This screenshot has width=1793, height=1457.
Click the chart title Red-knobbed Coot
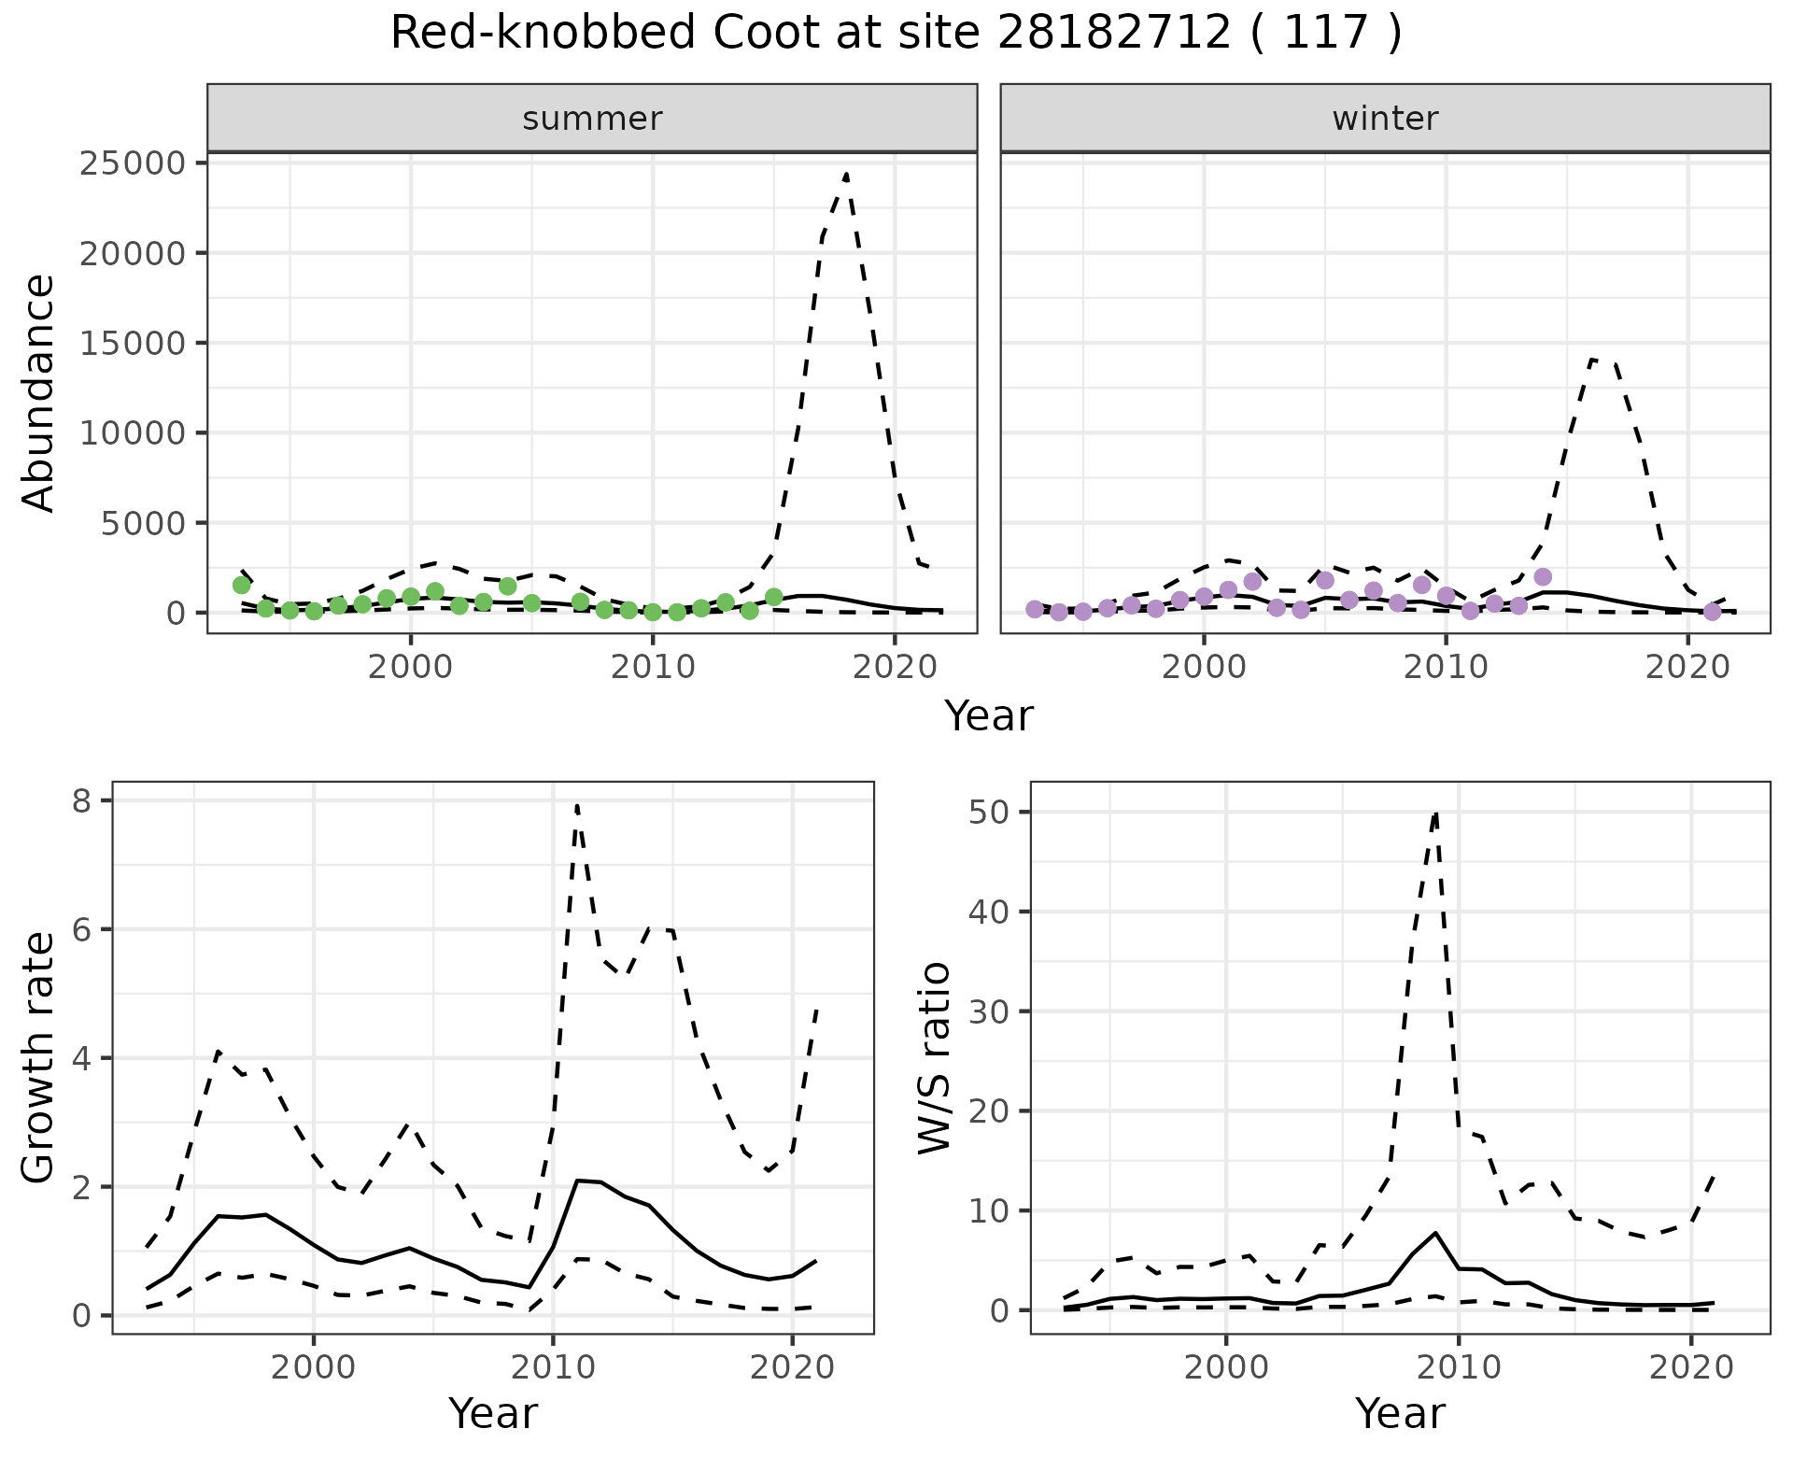895,34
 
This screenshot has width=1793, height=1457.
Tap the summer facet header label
592,119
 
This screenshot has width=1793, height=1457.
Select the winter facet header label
1385,119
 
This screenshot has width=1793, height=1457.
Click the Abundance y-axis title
39,392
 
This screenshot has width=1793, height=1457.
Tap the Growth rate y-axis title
39,1057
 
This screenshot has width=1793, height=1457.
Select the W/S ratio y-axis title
934,1057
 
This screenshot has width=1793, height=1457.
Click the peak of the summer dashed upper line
845,175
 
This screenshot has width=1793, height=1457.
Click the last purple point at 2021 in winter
1712,612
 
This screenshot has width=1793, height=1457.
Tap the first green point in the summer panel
241,585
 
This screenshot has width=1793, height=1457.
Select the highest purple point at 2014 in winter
1543,577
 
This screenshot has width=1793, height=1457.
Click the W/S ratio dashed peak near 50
1435,813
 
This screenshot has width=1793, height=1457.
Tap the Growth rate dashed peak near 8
577,805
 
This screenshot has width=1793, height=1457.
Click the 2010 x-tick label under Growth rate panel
553,1368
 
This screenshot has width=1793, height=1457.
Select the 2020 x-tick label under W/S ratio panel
1690,1368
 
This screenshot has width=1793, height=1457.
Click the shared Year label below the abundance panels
988,716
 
